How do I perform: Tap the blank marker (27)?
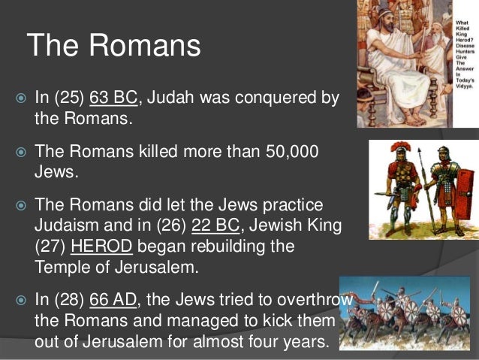point(50,246)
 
